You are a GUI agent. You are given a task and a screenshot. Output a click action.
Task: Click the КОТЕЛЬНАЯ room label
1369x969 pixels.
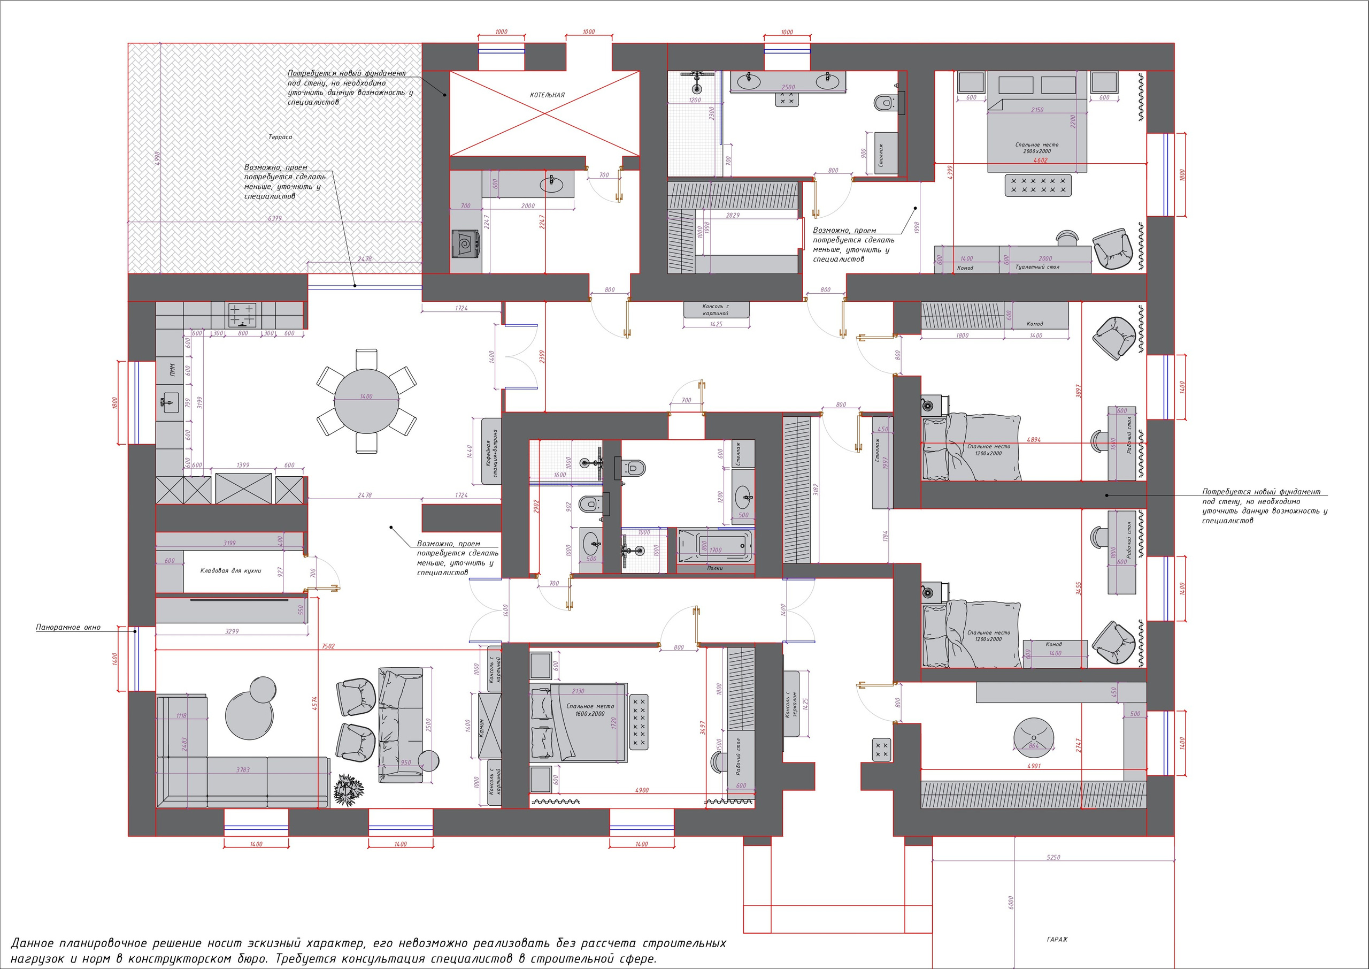click(547, 95)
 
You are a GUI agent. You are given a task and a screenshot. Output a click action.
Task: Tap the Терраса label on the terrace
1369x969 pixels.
click(280, 137)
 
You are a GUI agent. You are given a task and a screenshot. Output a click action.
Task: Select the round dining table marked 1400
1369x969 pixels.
click(366, 401)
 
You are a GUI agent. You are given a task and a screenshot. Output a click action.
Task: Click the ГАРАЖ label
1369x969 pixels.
click(1057, 939)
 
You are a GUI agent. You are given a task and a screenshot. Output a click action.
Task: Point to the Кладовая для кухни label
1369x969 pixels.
click(230, 571)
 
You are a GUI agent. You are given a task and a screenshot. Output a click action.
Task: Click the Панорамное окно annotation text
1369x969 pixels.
click(68, 628)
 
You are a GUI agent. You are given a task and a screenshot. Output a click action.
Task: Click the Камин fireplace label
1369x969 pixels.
click(481, 726)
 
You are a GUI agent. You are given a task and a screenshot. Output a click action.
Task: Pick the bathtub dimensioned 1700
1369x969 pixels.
click(716, 544)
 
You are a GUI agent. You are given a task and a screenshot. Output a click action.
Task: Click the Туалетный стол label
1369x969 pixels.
click(1037, 268)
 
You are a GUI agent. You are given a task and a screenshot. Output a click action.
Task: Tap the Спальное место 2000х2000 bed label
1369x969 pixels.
click(1037, 148)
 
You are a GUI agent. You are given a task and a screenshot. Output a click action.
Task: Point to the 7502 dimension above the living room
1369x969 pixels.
click(328, 646)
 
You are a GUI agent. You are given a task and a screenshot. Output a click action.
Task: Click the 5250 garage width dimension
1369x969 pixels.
click(1053, 857)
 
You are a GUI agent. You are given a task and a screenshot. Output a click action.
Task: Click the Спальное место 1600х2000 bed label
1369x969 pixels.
click(590, 709)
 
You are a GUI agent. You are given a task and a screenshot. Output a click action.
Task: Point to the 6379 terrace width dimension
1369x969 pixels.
click(274, 218)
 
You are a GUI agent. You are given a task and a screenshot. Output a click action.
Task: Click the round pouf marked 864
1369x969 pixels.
click(1034, 734)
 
